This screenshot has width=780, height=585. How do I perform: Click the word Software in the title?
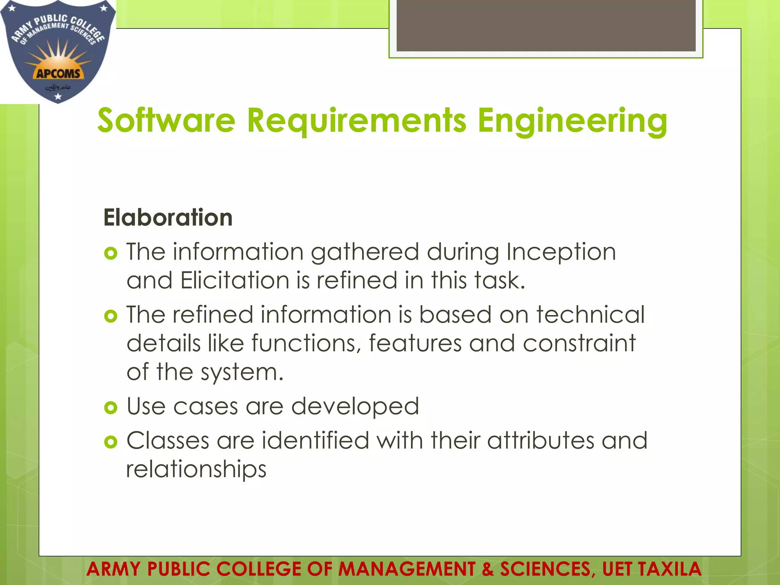coord(166,120)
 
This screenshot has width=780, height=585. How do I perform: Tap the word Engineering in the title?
coord(572,121)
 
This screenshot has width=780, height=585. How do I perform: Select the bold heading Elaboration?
coord(168,217)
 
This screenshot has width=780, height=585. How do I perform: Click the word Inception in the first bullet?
coord(561,252)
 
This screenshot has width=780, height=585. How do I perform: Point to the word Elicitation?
coord(235,280)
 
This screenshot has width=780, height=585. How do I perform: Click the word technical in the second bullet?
coord(590,315)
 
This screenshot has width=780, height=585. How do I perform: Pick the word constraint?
coord(579,343)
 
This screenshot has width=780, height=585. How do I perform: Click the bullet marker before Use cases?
coord(110,408)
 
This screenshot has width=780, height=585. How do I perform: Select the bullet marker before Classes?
coord(110,442)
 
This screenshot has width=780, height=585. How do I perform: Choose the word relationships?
coord(196,469)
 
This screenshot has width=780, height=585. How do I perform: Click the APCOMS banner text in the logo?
coord(58,73)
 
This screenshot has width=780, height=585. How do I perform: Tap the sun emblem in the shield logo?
coord(58,57)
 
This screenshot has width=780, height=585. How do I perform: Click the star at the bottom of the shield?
coord(58,97)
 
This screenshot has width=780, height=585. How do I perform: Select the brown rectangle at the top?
coord(546,25)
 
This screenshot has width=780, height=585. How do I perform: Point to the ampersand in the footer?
coord(487,569)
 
